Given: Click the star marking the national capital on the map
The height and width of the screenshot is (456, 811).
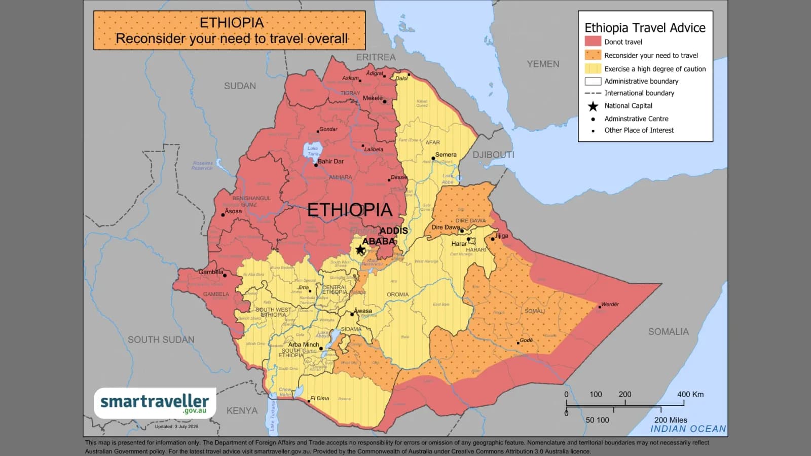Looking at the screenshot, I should coord(360,250).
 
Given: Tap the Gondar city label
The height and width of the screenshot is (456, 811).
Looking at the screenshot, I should coord(328,129).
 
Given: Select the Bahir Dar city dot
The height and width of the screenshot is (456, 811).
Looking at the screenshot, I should coord(316,165).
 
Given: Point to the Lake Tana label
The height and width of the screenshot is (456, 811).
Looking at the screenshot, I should coord(313,151).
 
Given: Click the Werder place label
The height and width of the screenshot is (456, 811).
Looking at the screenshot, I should coord(610,305).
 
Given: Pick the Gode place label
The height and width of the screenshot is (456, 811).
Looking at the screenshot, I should coord(526,340).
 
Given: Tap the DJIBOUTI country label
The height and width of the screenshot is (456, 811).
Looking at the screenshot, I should coord(493,155).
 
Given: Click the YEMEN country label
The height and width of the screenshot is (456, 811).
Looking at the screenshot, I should coord(543,64).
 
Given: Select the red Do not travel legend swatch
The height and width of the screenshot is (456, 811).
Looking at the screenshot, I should coord(593,42).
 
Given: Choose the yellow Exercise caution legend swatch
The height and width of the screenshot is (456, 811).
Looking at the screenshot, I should coord(593,68).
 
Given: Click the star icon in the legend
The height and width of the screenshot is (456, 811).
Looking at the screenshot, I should coord(593,106).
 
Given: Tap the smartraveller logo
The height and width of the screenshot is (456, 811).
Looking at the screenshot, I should coord(155,403).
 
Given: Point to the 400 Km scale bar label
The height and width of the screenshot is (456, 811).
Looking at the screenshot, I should coord(690,394).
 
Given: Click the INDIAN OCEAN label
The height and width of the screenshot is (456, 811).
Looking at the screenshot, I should coord(688,429).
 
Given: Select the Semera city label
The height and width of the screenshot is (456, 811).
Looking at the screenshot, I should coord(446,155).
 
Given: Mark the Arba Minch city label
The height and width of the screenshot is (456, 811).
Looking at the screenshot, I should coord(304,345).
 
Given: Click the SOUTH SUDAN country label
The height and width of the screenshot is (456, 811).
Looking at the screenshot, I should coord(161,339).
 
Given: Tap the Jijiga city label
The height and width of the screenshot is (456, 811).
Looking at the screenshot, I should coord(501,236).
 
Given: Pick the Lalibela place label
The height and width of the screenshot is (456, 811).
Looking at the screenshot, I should coord(374,149).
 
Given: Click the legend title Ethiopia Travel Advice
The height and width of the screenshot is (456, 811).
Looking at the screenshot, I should coord(645,28).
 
